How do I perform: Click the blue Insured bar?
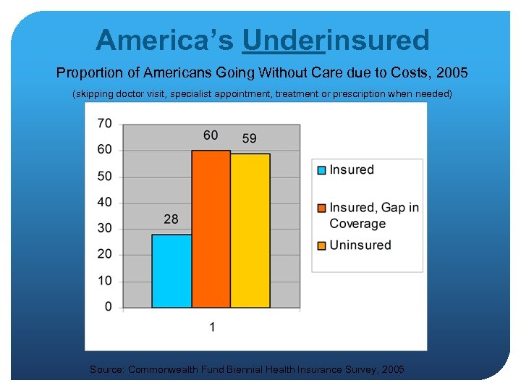click(171, 271)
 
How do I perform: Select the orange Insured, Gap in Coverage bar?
click(211, 229)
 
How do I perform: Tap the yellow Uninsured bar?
click(250, 230)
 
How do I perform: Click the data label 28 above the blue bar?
click(171, 219)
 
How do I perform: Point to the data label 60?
click(211, 135)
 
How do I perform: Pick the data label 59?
click(249, 138)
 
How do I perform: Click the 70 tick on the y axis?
click(105, 124)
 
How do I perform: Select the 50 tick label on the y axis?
click(105, 176)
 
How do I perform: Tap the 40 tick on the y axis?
click(105, 202)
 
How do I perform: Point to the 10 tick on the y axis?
click(105, 281)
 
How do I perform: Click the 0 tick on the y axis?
click(109, 307)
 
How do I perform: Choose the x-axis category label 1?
click(212, 327)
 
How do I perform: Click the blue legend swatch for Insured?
click(321, 170)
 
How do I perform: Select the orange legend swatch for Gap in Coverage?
click(321, 209)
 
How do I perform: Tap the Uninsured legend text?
click(360, 245)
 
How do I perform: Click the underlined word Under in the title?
click(284, 40)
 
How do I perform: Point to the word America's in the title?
click(164, 40)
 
